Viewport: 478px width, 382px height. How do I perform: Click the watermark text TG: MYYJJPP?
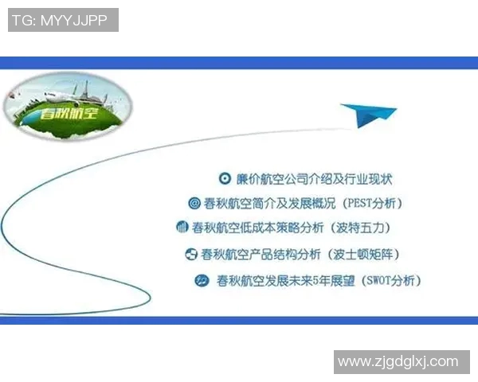[x=63, y=20]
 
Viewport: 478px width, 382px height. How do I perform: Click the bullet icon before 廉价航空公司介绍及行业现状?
[x=225, y=179]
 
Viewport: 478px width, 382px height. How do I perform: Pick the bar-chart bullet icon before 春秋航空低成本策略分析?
[x=182, y=228]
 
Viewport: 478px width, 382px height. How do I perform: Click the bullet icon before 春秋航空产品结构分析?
[x=190, y=255]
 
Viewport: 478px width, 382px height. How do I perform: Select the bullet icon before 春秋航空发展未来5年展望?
[x=202, y=280]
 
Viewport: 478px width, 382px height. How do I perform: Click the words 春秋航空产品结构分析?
[x=260, y=255]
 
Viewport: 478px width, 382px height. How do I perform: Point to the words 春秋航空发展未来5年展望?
[x=284, y=280]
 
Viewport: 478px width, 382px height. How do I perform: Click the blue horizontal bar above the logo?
[x=239, y=62]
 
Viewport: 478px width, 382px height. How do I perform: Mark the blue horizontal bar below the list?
[x=239, y=320]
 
